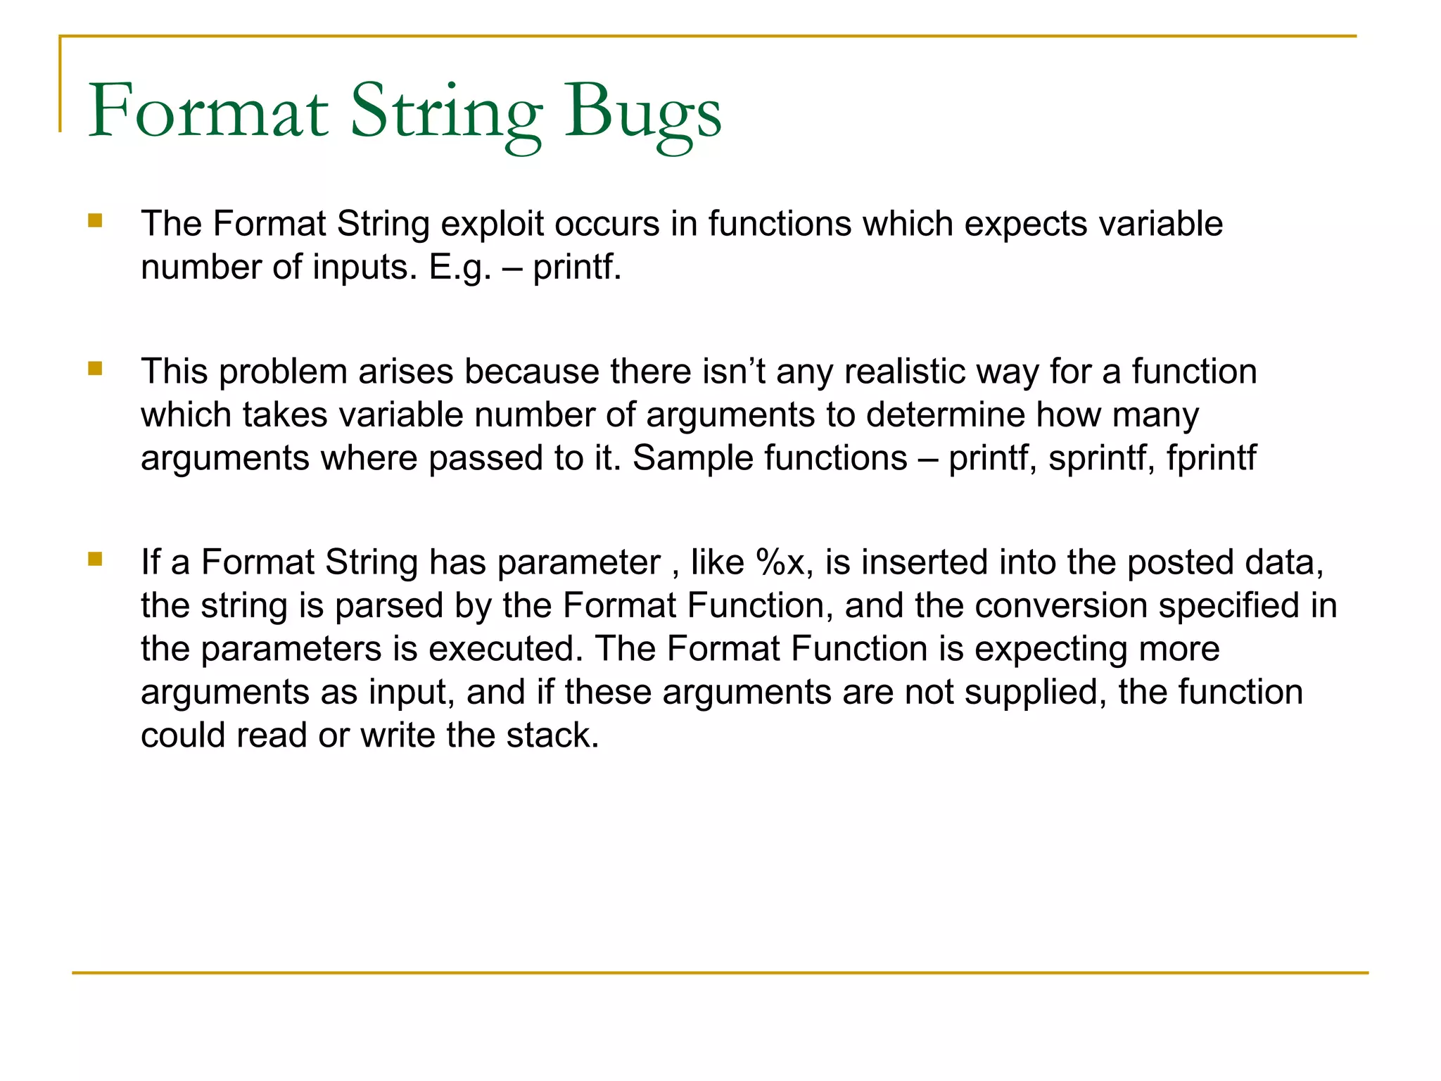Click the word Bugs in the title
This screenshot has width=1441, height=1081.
click(x=642, y=113)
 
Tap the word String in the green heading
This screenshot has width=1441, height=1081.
click(x=446, y=113)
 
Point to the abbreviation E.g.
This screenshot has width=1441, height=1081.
click(x=460, y=267)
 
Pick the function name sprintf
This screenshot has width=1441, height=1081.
click(x=1101, y=458)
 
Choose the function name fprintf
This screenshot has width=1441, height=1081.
click(x=1211, y=458)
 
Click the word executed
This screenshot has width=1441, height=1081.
click(x=506, y=649)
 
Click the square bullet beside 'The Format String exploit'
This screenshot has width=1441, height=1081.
click(x=95, y=222)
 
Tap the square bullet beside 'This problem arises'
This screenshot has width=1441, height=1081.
click(x=95, y=369)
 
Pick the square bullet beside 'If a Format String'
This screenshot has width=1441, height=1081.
click(x=95, y=560)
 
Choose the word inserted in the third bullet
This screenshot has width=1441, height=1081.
click(x=925, y=562)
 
